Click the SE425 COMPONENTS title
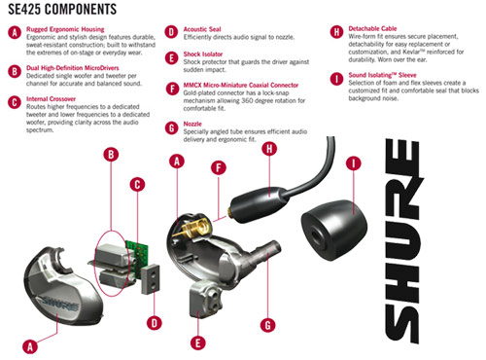tap(62, 9)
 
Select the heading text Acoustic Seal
tap(202, 29)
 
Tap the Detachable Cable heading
tap(372, 28)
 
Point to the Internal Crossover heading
tap(51, 99)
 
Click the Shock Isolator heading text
tap(203, 54)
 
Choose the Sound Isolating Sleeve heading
tap(382, 75)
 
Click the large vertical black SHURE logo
tap(403, 240)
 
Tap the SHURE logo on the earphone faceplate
tap(60, 303)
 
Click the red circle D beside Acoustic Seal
tap(171, 32)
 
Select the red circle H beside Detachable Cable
tap(336, 32)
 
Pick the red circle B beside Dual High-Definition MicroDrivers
tap(15, 71)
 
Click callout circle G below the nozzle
tap(268, 325)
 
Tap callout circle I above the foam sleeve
tap(354, 163)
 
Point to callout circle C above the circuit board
tap(137, 185)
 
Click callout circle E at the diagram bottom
tap(198, 342)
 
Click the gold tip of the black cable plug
tap(230, 212)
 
